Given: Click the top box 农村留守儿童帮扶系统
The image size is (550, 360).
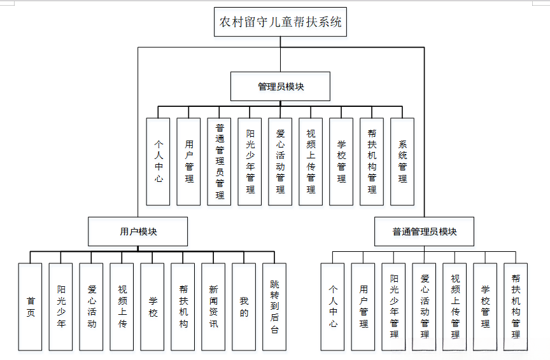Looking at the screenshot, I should (x=281, y=22).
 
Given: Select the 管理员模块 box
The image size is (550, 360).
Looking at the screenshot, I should (x=280, y=87).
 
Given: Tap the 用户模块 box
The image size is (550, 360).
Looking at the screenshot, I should (x=137, y=232).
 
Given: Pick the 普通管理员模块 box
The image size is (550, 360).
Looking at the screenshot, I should (x=425, y=232).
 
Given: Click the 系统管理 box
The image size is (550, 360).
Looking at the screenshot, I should (x=402, y=162).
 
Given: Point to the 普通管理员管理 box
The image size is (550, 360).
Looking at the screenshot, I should (x=219, y=162).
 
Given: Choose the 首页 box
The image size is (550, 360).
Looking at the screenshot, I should (x=30, y=307).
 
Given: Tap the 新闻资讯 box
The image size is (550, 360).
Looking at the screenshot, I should (x=213, y=307).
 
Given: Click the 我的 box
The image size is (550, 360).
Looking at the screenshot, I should (x=244, y=307).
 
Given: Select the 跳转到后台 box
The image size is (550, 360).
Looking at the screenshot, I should (x=274, y=307).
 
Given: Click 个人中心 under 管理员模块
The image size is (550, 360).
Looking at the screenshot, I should (x=158, y=162).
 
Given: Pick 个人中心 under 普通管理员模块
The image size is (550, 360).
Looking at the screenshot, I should (x=332, y=307).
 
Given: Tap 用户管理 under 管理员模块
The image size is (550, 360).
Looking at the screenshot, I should (x=188, y=162).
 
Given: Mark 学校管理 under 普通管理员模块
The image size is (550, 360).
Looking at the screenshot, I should (x=485, y=307).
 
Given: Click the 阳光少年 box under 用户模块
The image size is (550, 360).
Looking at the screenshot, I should (x=60, y=307).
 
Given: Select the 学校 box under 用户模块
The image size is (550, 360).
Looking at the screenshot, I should (x=152, y=307).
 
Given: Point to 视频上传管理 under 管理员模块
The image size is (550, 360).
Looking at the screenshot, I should (x=311, y=162).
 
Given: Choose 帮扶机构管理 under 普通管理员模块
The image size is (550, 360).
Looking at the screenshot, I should (x=516, y=307).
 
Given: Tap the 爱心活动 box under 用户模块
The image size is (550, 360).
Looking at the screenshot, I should (x=91, y=307).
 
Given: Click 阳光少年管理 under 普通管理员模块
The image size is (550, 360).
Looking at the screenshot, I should (x=393, y=307).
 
